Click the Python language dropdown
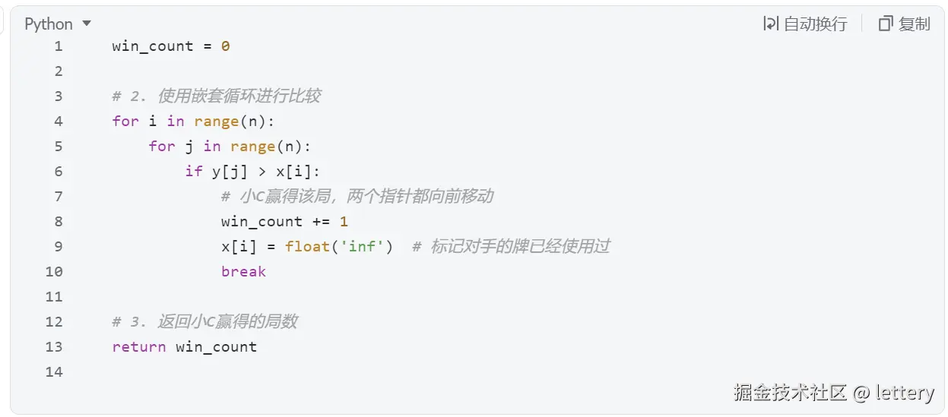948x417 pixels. (58, 24)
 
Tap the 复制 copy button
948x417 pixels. (904, 24)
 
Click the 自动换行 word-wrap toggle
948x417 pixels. (805, 24)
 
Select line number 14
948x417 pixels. (54, 371)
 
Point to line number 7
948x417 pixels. (59, 196)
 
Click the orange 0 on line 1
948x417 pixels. (225, 46)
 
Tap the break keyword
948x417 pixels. (243, 271)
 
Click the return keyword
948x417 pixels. (138, 346)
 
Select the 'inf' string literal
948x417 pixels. (362, 246)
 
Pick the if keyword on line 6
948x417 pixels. (194, 171)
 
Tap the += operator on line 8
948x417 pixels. (321, 221)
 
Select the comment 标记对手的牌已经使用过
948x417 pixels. (520, 246)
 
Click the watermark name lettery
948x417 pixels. (904, 392)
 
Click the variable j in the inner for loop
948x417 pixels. (189, 146)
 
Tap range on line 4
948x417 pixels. (216, 121)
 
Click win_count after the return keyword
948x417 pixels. (216, 346)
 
